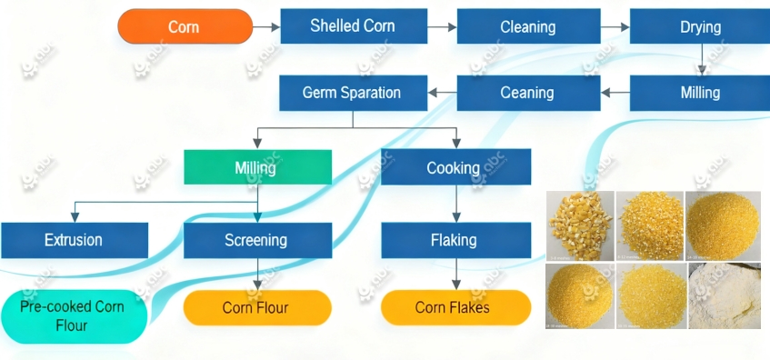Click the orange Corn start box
click(x=185, y=27)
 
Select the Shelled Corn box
click(x=353, y=26)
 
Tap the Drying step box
click(x=700, y=27)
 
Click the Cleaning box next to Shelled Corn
click(x=527, y=27)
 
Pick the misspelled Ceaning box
click(x=527, y=93)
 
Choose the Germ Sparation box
click(x=352, y=93)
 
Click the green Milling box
click(x=257, y=168)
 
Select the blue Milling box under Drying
click(x=700, y=93)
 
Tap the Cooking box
click(x=454, y=168)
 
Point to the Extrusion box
click(x=74, y=240)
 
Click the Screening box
click(x=257, y=240)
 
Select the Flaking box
click(x=454, y=240)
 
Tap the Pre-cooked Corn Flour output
click(x=73, y=315)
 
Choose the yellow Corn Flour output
click(x=257, y=308)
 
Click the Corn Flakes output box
click(x=454, y=308)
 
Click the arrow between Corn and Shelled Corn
click(x=266, y=27)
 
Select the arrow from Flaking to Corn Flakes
click(x=455, y=274)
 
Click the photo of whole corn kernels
click(x=581, y=225)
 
